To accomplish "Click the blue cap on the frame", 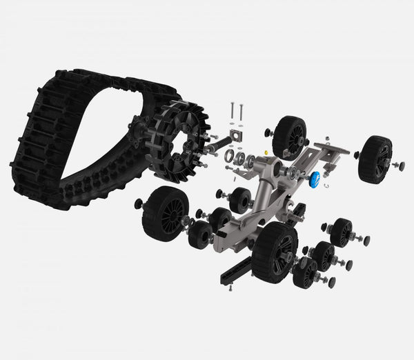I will click(x=315, y=180).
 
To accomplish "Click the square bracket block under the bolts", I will click(x=238, y=135).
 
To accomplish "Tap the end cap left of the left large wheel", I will click(x=138, y=203).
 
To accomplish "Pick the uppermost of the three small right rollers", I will click(x=341, y=232).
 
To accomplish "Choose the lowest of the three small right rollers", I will click(x=304, y=272).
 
